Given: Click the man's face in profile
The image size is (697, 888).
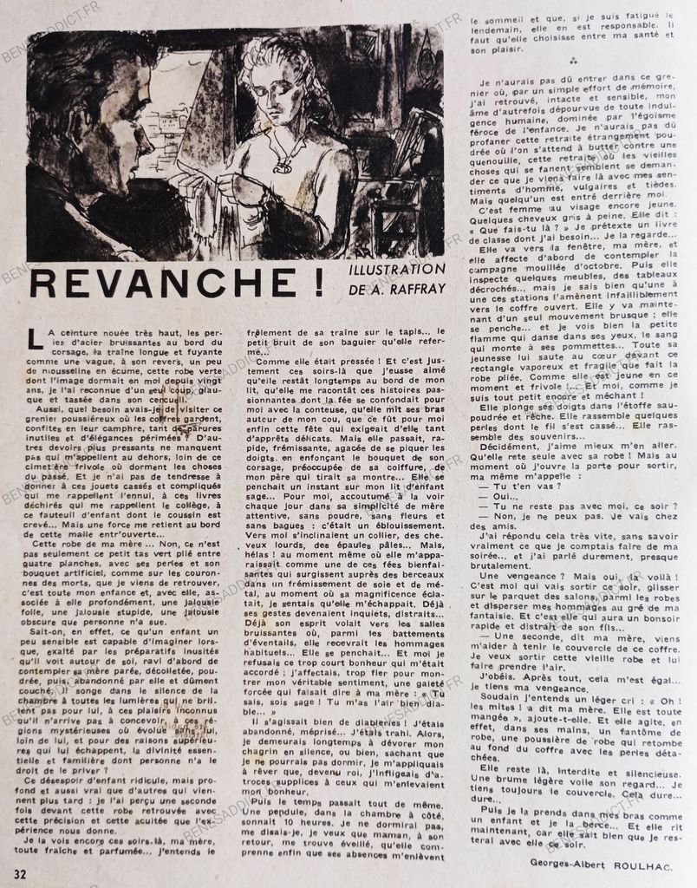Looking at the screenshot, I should (130, 121).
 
